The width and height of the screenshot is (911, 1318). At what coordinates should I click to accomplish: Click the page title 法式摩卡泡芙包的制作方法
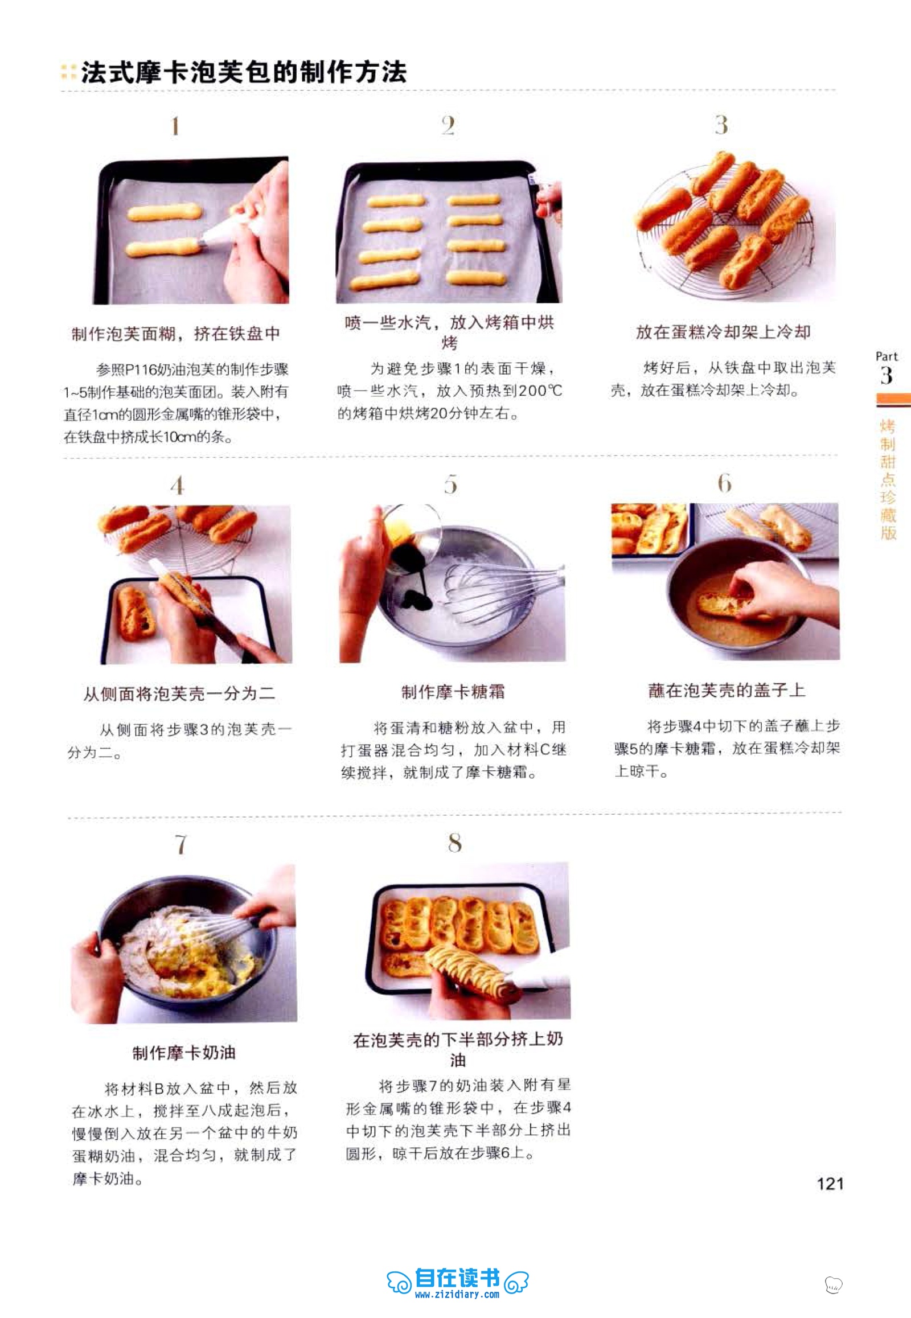[x=244, y=72]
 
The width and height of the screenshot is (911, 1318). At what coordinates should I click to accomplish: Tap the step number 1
[x=175, y=126]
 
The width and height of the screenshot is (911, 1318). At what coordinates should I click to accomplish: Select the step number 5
[x=450, y=484]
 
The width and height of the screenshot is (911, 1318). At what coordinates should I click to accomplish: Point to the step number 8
[x=454, y=843]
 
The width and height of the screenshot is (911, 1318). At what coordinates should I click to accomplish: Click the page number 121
[x=830, y=1183]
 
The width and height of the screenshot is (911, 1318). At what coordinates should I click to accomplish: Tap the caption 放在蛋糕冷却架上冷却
[x=723, y=332]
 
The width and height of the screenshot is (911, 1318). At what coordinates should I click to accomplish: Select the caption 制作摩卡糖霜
[x=453, y=692]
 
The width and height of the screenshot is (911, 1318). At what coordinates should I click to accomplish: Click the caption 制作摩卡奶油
[x=184, y=1053]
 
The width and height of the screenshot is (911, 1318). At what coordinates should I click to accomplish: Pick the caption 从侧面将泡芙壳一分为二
[x=179, y=693]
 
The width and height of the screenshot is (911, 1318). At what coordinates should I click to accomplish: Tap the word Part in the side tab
[x=887, y=357]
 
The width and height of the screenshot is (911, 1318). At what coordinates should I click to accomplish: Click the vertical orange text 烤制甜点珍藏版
[x=888, y=480]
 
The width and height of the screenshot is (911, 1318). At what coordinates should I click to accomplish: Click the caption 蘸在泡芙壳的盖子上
[x=727, y=691]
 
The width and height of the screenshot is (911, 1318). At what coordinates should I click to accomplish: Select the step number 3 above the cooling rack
[x=721, y=125]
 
